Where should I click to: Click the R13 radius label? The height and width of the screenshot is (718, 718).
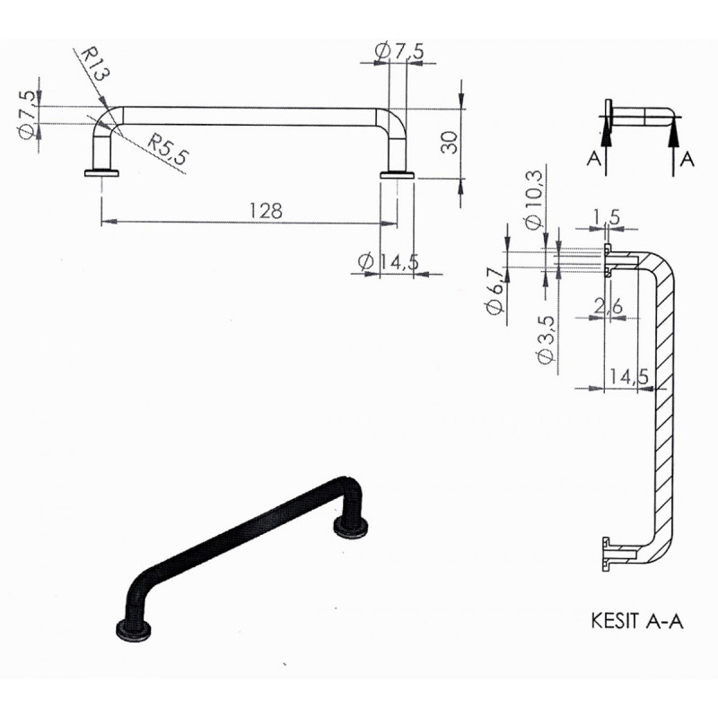coord(95,64)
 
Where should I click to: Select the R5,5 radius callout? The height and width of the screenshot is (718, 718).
coord(167,150)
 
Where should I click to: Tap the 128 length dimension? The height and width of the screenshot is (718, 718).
coord(266,211)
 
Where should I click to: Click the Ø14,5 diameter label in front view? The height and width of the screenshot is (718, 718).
coord(389,262)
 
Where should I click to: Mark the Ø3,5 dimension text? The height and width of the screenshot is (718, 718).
coord(547,340)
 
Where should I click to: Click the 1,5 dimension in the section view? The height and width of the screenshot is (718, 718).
coord(608,217)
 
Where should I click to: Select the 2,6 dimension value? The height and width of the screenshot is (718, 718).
coord(609,307)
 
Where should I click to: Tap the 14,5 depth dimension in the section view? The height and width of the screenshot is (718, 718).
coord(629,376)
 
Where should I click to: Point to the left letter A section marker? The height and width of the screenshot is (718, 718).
coord(593,159)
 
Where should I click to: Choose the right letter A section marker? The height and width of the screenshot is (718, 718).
coord(687,159)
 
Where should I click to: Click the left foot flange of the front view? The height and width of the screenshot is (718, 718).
coord(101,172)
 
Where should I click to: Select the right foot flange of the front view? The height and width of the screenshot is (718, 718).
coord(397,174)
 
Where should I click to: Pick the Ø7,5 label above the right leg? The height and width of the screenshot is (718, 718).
coord(398,51)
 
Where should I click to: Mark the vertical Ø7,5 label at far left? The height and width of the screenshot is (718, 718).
coord(26,114)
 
